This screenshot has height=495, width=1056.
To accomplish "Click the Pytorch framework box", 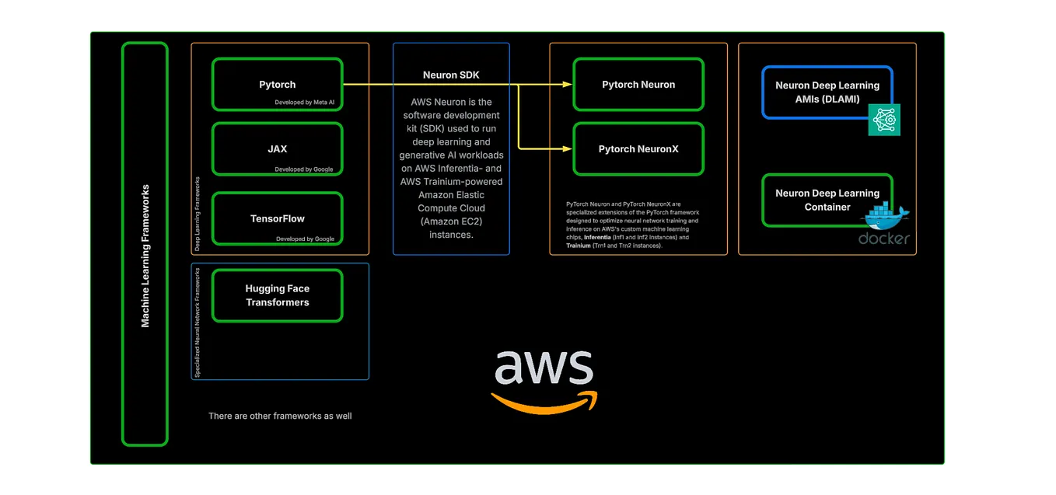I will pos(277,84).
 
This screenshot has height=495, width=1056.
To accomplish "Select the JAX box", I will pos(277,148).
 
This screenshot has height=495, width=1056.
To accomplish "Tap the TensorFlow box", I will pos(277,218).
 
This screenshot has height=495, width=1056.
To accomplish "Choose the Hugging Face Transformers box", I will pos(277,295).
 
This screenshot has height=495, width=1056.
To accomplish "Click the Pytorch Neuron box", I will pos(638,84).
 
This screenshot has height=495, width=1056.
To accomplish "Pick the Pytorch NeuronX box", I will pos(638,148).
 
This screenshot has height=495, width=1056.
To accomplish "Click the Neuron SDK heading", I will pos(451,75).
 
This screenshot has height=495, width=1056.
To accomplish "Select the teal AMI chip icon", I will pos(884,119).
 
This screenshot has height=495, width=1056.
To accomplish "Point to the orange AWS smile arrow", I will pos(544,403).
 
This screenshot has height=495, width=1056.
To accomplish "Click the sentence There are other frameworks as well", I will pos(280,417).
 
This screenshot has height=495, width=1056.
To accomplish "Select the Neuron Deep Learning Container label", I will pos(827,200).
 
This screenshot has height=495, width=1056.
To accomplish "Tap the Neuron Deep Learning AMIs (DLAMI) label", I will pos(827,92).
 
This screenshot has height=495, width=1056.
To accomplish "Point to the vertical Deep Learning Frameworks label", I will pos(197,214).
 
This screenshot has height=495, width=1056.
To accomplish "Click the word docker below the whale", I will pos(883,239).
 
